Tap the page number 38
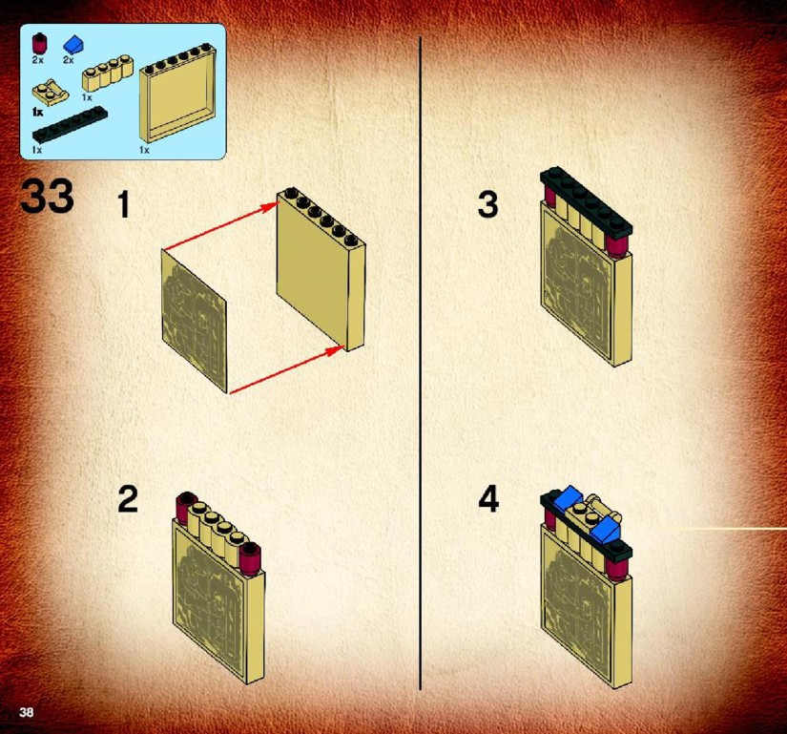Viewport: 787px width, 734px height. point(26,712)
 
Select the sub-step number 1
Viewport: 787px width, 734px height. point(124,205)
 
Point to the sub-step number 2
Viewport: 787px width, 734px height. point(128,499)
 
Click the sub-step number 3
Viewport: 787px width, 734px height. point(487,204)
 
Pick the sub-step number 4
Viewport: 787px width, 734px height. point(488,499)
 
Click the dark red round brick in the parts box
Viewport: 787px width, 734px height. point(38,44)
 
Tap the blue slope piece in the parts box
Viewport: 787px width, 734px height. point(73,44)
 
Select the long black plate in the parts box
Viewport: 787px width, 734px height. point(70,124)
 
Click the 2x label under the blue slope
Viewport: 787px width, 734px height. point(69,60)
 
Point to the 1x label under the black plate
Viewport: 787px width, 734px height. point(36,150)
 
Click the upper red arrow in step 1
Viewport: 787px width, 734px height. point(221,225)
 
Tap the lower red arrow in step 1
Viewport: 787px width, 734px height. point(286,370)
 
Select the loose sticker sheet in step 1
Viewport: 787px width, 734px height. point(195,321)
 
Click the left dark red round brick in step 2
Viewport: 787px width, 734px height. point(185,508)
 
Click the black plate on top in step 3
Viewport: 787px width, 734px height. point(587,201)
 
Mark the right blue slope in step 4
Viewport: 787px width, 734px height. point(607,531)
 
